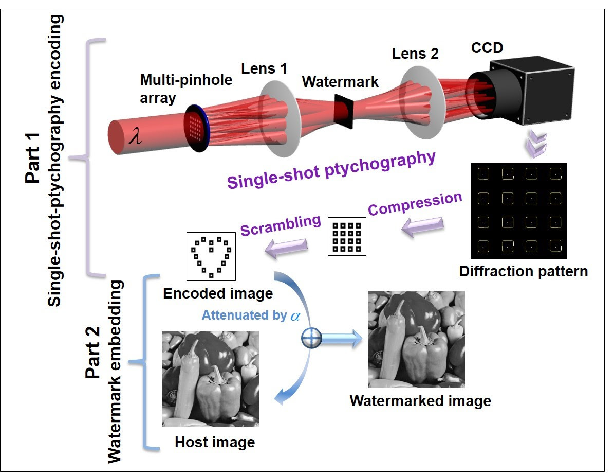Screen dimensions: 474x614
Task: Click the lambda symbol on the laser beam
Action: click(135, 137)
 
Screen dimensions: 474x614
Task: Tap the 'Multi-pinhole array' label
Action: click(186, 88)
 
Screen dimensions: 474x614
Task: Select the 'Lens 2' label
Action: click(415, 53)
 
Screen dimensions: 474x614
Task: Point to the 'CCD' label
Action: click(487, 48)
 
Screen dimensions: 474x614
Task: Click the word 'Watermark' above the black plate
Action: click(340, 82)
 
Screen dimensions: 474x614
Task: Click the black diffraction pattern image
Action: click(519, 210)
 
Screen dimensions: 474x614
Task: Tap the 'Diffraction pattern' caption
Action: click(523, 271)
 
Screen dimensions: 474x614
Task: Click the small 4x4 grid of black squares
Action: click(347, 237)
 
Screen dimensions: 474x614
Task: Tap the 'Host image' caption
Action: click(215, 442)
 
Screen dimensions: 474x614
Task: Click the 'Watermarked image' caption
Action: click(420, 400)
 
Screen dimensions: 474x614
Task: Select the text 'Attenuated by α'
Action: click(251, 315)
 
